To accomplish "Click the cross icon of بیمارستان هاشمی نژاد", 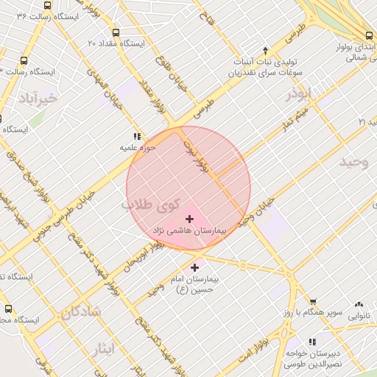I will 190,219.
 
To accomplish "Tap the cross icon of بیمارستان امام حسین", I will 194,268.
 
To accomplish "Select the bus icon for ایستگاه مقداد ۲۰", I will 116,32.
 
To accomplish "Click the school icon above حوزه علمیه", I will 136,136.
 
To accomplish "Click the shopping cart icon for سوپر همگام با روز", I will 313,302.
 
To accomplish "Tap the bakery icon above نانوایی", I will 359,304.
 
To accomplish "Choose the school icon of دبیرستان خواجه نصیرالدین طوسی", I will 312,342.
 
